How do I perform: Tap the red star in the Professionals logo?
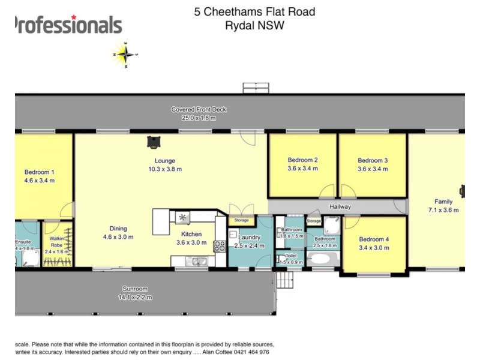[x=74, y=17]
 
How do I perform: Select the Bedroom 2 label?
[x=302, y=160]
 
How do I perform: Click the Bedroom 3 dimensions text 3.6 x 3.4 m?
[x=373, y=169]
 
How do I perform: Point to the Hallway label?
[x=340, y=207]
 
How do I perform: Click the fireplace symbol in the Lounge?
[x=155, y=142]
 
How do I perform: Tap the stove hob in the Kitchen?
[x=220, y=245]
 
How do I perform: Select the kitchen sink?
[x=196, y=261]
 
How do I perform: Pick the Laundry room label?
[x=248, y=238]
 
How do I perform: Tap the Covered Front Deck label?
[x=199, y=110]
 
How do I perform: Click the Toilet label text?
[x=291, y=255]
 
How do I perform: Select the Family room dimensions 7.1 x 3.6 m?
[x=443, y=210]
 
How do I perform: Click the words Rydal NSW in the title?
[x=254, y=25]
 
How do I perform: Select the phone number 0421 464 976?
[x=254, y=353]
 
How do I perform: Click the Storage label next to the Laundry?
[x=242, y=220]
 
